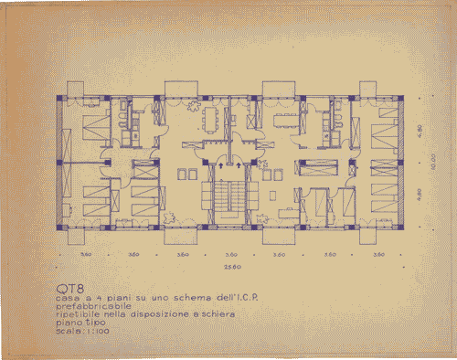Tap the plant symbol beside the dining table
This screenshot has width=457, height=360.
[x=194, y=107]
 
